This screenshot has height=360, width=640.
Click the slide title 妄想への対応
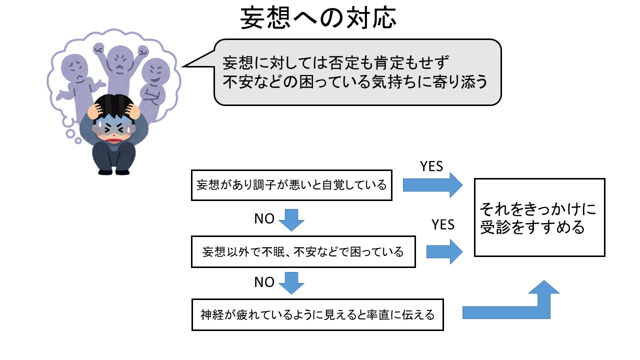318,18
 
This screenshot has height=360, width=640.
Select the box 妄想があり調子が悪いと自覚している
291,185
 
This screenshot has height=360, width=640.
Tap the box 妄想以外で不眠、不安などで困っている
303,252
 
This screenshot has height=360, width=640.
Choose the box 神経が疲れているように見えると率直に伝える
317,315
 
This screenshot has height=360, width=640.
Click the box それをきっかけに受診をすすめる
539,217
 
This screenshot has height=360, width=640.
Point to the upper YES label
431,166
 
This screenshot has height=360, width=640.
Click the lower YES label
443,224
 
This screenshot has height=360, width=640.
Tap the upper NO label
264,219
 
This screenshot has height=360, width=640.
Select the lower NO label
264,282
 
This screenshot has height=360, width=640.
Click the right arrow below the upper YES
433,185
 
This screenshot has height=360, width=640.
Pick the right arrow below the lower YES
444,251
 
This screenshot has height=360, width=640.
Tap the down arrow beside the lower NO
291,282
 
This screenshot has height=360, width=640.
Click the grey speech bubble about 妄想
357,72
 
